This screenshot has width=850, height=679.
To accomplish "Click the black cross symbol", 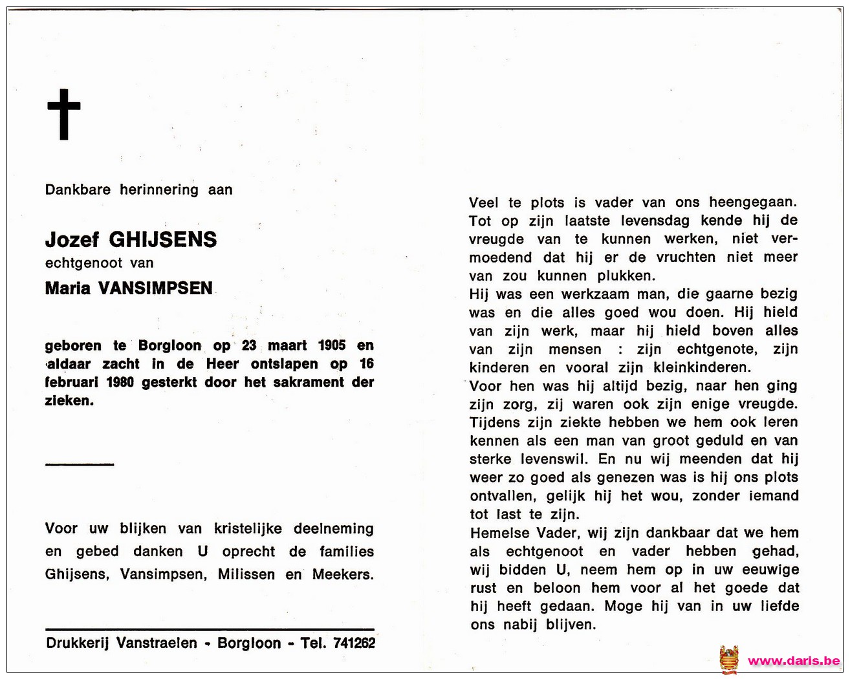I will (x=64, y=114).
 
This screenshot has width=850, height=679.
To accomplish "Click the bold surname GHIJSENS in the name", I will (x=162, y=240).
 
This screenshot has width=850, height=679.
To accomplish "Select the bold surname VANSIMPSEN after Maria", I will (x=155, y=288).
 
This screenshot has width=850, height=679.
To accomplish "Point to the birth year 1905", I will (x=332, y=345).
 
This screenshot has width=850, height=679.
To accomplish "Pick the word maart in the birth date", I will (x=287, y=345).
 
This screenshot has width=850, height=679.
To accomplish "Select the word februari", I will (x=72, y=382).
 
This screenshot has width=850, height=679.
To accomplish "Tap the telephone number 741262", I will (x=354, y=643).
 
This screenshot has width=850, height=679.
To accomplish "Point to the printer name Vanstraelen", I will (x=157, y=643).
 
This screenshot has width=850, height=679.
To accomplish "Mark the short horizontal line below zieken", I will (x=80, y=464).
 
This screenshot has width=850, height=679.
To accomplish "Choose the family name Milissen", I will (x=246, y=574).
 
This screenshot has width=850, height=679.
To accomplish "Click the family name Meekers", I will (x=342, y=574).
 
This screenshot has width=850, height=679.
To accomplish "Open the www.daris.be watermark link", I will (x=794, y=661).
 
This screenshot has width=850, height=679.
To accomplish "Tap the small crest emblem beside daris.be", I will (x=728, y=660).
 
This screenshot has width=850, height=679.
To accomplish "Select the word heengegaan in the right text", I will (x=753, y=202).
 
